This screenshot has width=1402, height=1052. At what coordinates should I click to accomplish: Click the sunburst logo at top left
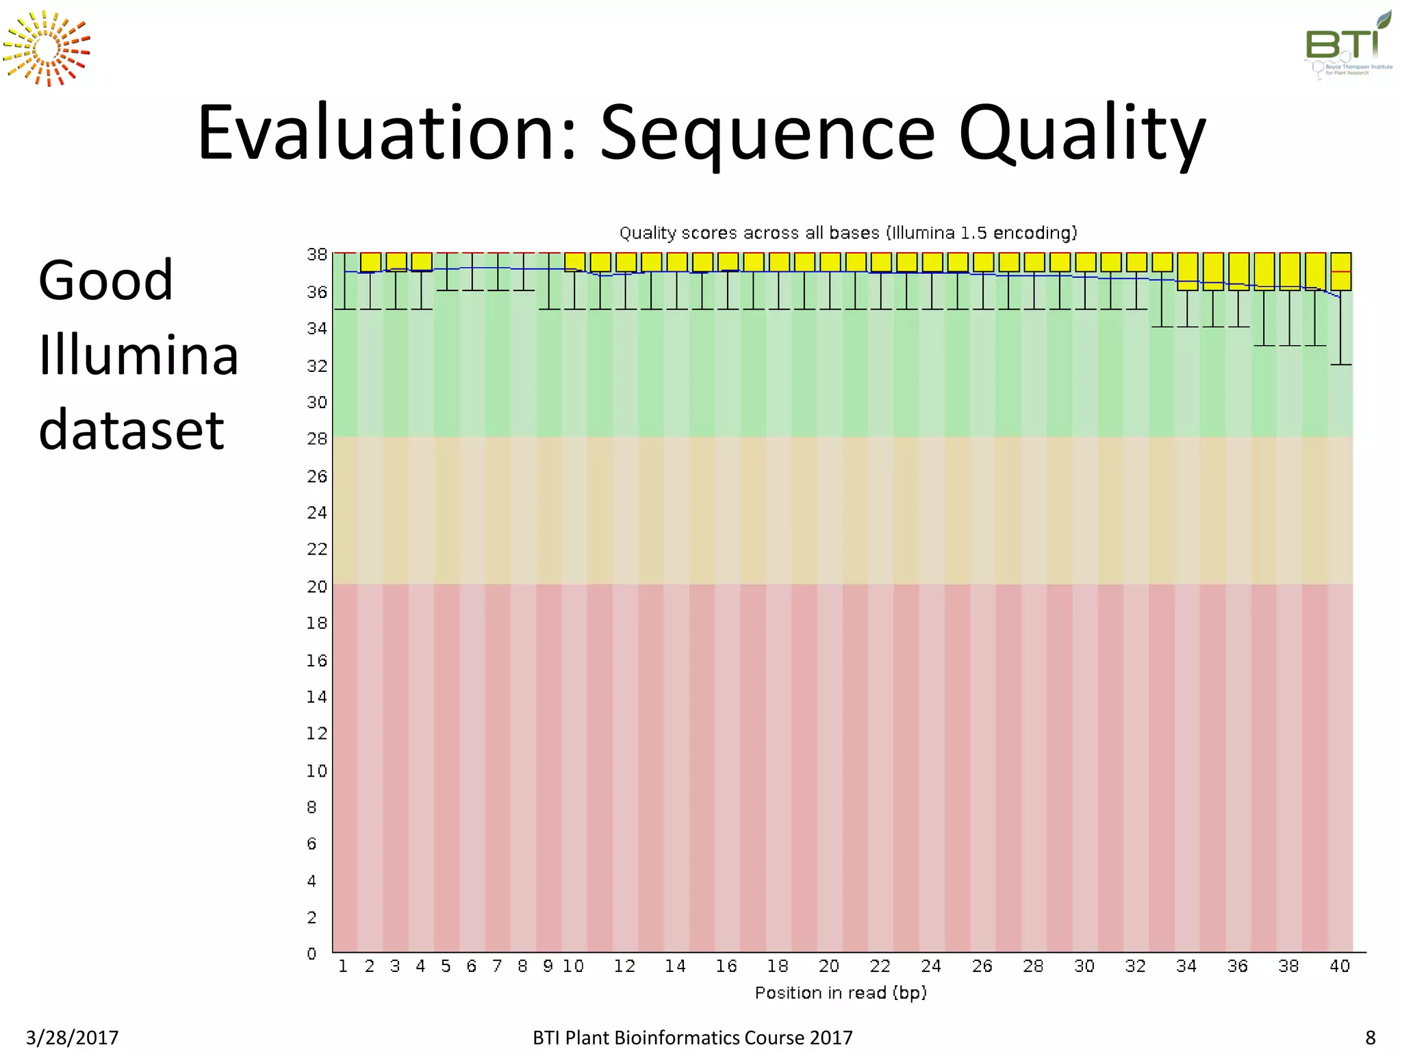[47, 49]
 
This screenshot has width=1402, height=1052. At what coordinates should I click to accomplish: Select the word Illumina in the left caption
[138, 355]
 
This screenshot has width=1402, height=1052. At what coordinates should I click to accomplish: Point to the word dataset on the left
[131, 429]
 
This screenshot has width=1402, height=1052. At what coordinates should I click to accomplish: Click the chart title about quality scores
[847, 233]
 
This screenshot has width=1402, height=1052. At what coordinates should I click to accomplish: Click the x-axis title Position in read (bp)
[841, 992]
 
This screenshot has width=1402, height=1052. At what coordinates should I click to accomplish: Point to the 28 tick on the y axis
[317, 438]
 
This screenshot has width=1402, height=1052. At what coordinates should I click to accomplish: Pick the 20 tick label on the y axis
[317, 586]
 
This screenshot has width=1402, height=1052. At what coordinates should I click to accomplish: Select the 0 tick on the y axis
[312, 953]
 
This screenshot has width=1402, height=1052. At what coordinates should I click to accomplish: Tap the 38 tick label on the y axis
[317, 254]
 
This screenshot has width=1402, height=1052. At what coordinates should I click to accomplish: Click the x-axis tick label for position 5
[446, 966]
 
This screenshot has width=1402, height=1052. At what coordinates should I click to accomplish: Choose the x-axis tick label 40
[1340, 966]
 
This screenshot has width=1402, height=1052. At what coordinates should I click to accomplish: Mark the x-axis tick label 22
[880, 966]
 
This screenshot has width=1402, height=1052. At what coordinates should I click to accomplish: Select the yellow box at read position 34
[1188, 272]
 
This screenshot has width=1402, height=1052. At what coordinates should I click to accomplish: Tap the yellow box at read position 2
[370, 262]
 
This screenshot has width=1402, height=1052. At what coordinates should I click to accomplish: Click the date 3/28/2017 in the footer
[72, 1038]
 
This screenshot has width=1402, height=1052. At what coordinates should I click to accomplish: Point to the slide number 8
[1370, 1038]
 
